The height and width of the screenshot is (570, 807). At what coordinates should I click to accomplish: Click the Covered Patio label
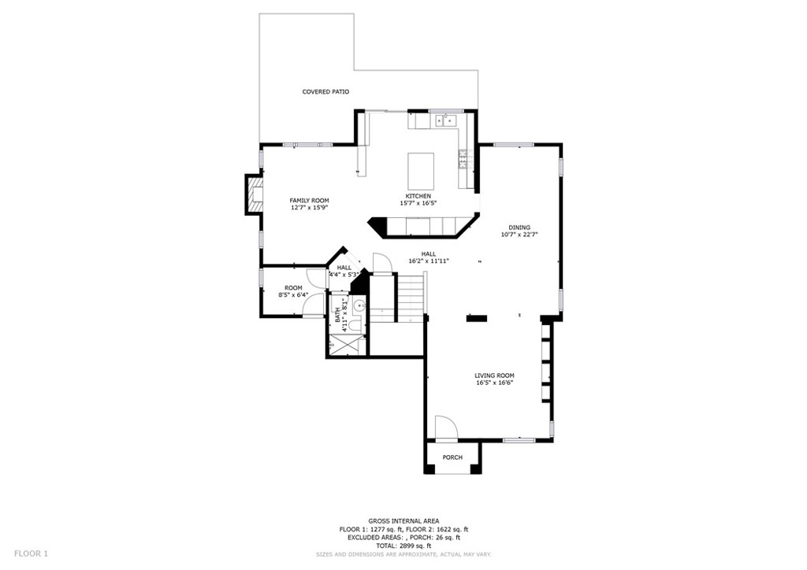point(325,92)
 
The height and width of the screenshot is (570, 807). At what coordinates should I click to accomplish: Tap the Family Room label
point(309,201)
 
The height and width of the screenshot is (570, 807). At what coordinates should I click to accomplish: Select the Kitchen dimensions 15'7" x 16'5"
point(418,203)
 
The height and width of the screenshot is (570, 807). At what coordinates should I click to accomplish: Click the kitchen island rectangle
point(421,171)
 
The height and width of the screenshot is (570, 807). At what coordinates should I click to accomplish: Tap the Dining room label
point(519,228)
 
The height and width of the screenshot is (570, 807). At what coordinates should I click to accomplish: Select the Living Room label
point(494,376)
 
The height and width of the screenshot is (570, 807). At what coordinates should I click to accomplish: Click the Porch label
point(452,457)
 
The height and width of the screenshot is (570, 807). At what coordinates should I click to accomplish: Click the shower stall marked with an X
point(347,344)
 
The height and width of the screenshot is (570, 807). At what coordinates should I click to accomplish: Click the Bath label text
point(337,315)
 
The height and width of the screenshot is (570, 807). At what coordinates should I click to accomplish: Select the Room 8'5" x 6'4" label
point(293,291)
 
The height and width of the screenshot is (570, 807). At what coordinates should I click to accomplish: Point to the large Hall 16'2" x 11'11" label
point(429,257)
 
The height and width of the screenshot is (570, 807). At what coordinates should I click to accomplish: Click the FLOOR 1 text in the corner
point(31,553)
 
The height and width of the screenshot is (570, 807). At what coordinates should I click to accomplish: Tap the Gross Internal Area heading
point(403,520)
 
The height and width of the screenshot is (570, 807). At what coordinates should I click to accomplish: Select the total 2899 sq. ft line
point(403,546)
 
